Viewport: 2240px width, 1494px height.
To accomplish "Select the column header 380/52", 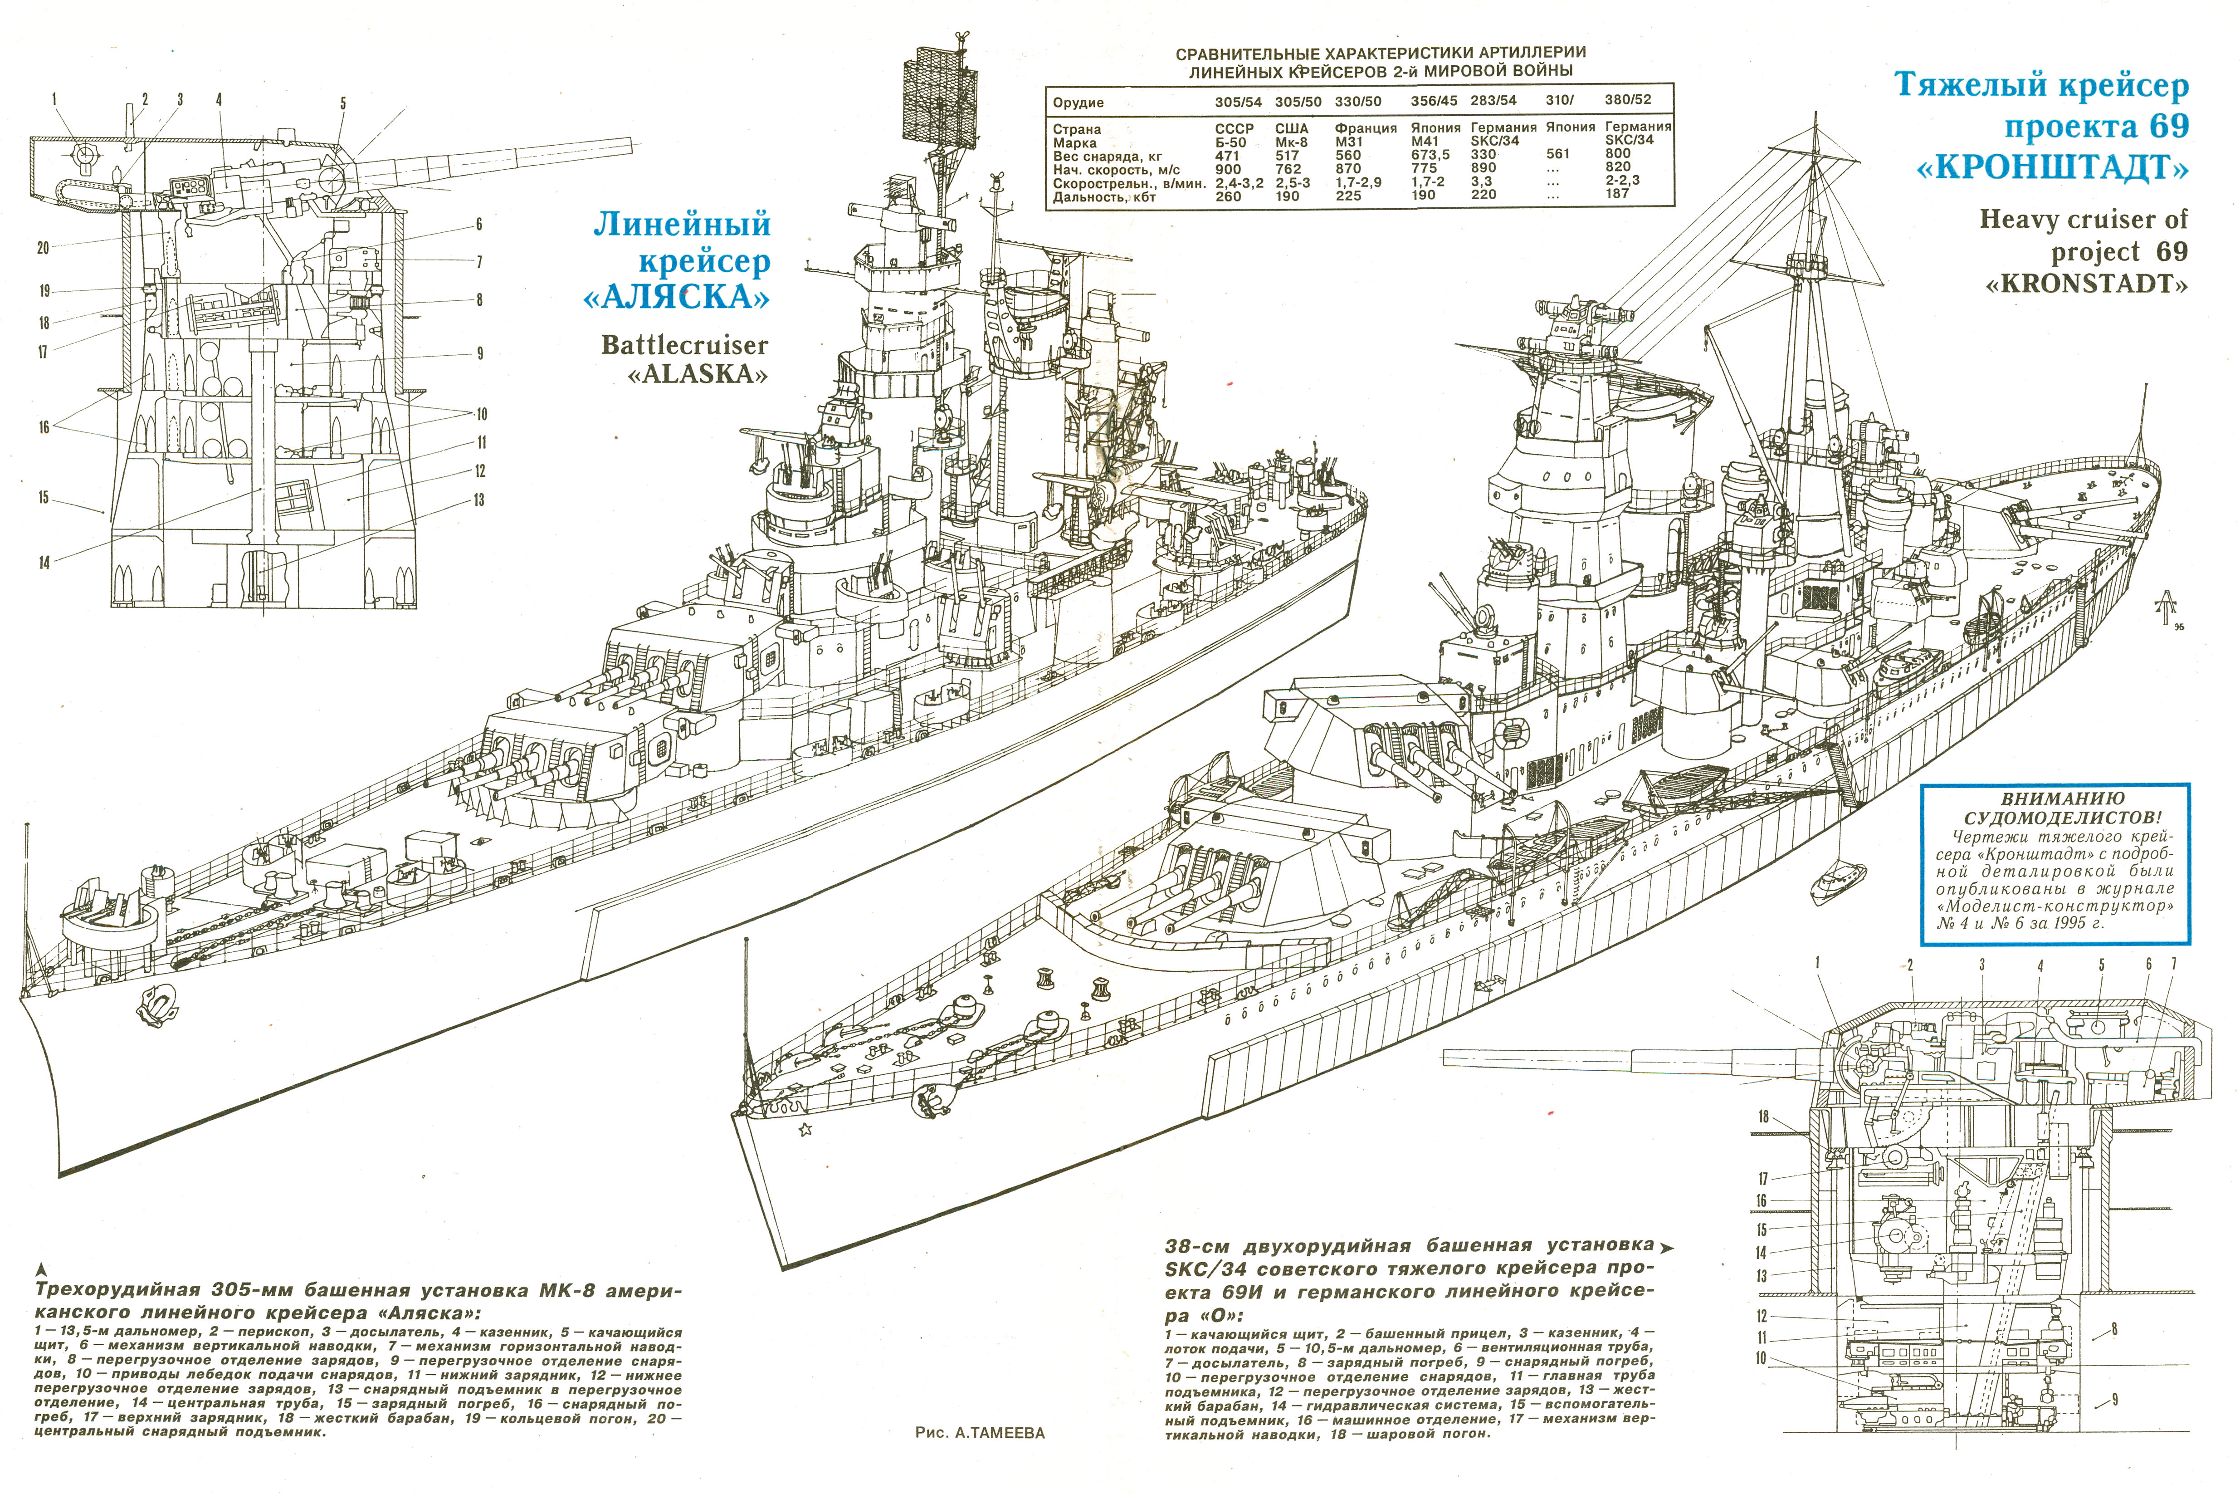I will tap(1628, 99).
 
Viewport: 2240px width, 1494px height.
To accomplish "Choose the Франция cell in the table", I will tap(1366, 127).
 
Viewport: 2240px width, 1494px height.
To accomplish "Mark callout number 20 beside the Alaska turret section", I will tap(43, 248).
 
